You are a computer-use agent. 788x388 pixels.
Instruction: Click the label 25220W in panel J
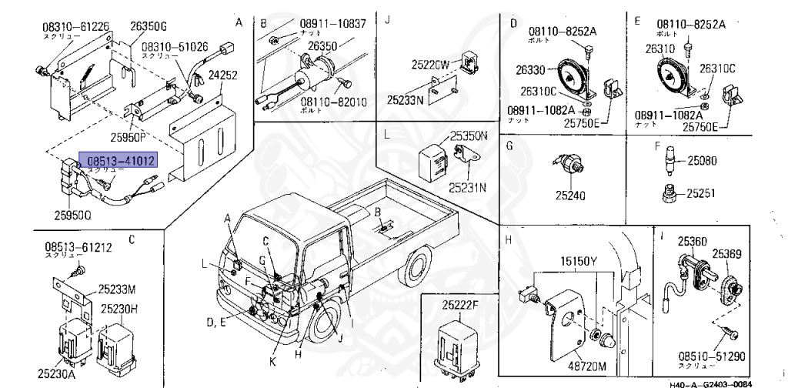(x=430, y=65)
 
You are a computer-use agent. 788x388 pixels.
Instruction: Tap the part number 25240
(x=570, y=196)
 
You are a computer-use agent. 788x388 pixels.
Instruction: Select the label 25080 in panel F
(x=703, y=161)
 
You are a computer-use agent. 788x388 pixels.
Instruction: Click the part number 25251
(x=702, y=192)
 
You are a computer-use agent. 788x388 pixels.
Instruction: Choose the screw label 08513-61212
(x=78, y=247)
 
